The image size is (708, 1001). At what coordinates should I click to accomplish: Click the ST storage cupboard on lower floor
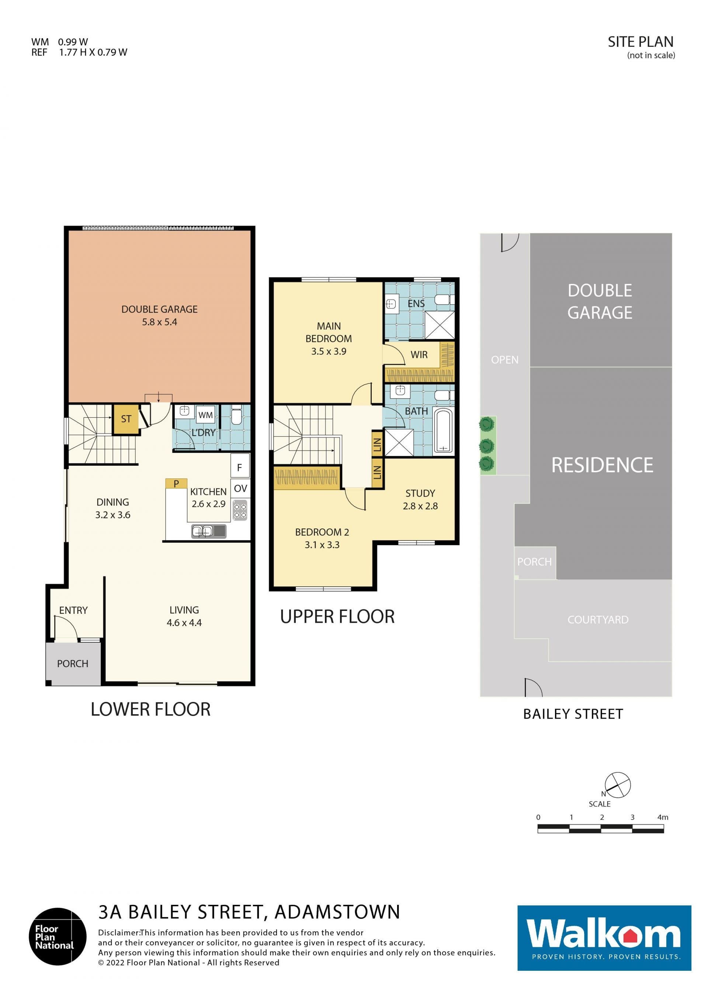coord(126,419)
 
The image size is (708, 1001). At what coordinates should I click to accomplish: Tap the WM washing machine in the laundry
coord(205,415)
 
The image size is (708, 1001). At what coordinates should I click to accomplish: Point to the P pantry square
coord(176,483)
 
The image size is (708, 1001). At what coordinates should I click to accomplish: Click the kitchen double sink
coord(209,531)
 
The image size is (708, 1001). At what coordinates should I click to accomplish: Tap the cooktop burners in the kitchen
coord(240,511)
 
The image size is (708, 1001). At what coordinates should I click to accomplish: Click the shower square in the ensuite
coord(440,325)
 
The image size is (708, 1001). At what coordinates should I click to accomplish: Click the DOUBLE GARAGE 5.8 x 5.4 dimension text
coord(160,322)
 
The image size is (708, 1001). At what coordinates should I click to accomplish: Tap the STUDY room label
coord(420,493)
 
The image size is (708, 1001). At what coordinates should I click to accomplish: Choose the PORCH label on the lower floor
coord(73,664)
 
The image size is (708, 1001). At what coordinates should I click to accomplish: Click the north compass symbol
coord(617,786)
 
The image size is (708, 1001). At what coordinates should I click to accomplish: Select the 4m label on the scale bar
coord(663,817)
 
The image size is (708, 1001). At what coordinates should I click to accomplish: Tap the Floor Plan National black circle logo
coord(58,936)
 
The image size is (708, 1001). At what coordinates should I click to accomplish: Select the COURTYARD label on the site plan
coord(598,619)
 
